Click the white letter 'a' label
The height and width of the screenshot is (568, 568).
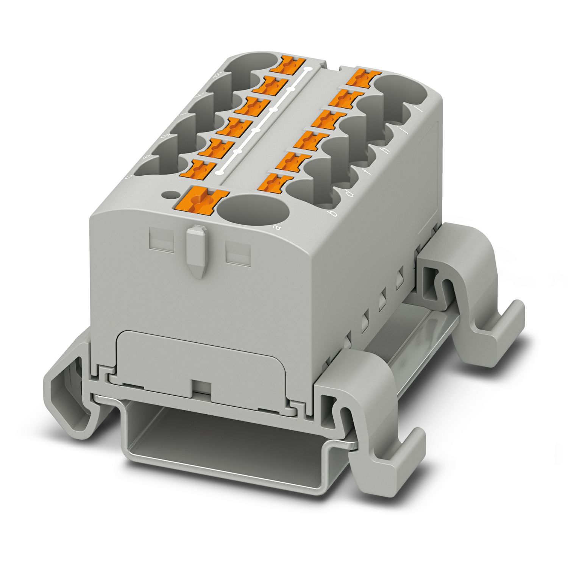tap(276, 227)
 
